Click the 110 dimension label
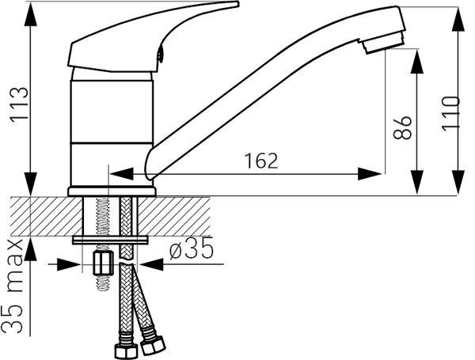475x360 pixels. [450, 114]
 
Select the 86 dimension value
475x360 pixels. [402, 127]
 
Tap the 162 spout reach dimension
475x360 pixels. [261, 161]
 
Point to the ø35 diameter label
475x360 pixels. [192, 249]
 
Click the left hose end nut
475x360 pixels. [126, 351]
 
